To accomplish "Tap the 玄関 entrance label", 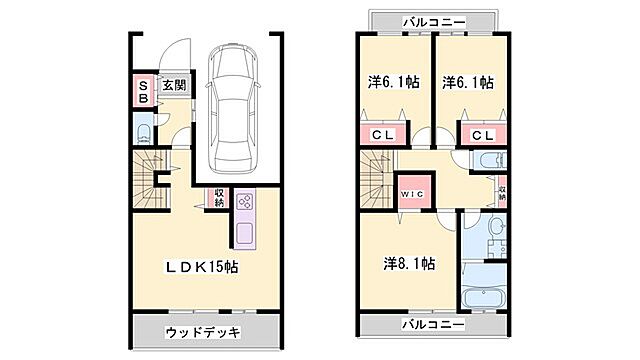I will (x=174, y=86).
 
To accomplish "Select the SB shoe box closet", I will (x=143, y=92).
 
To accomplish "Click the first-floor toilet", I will (x=144, y=131).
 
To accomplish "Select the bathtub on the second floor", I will (x=484, y=298).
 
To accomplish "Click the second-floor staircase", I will (x=376, y=180).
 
